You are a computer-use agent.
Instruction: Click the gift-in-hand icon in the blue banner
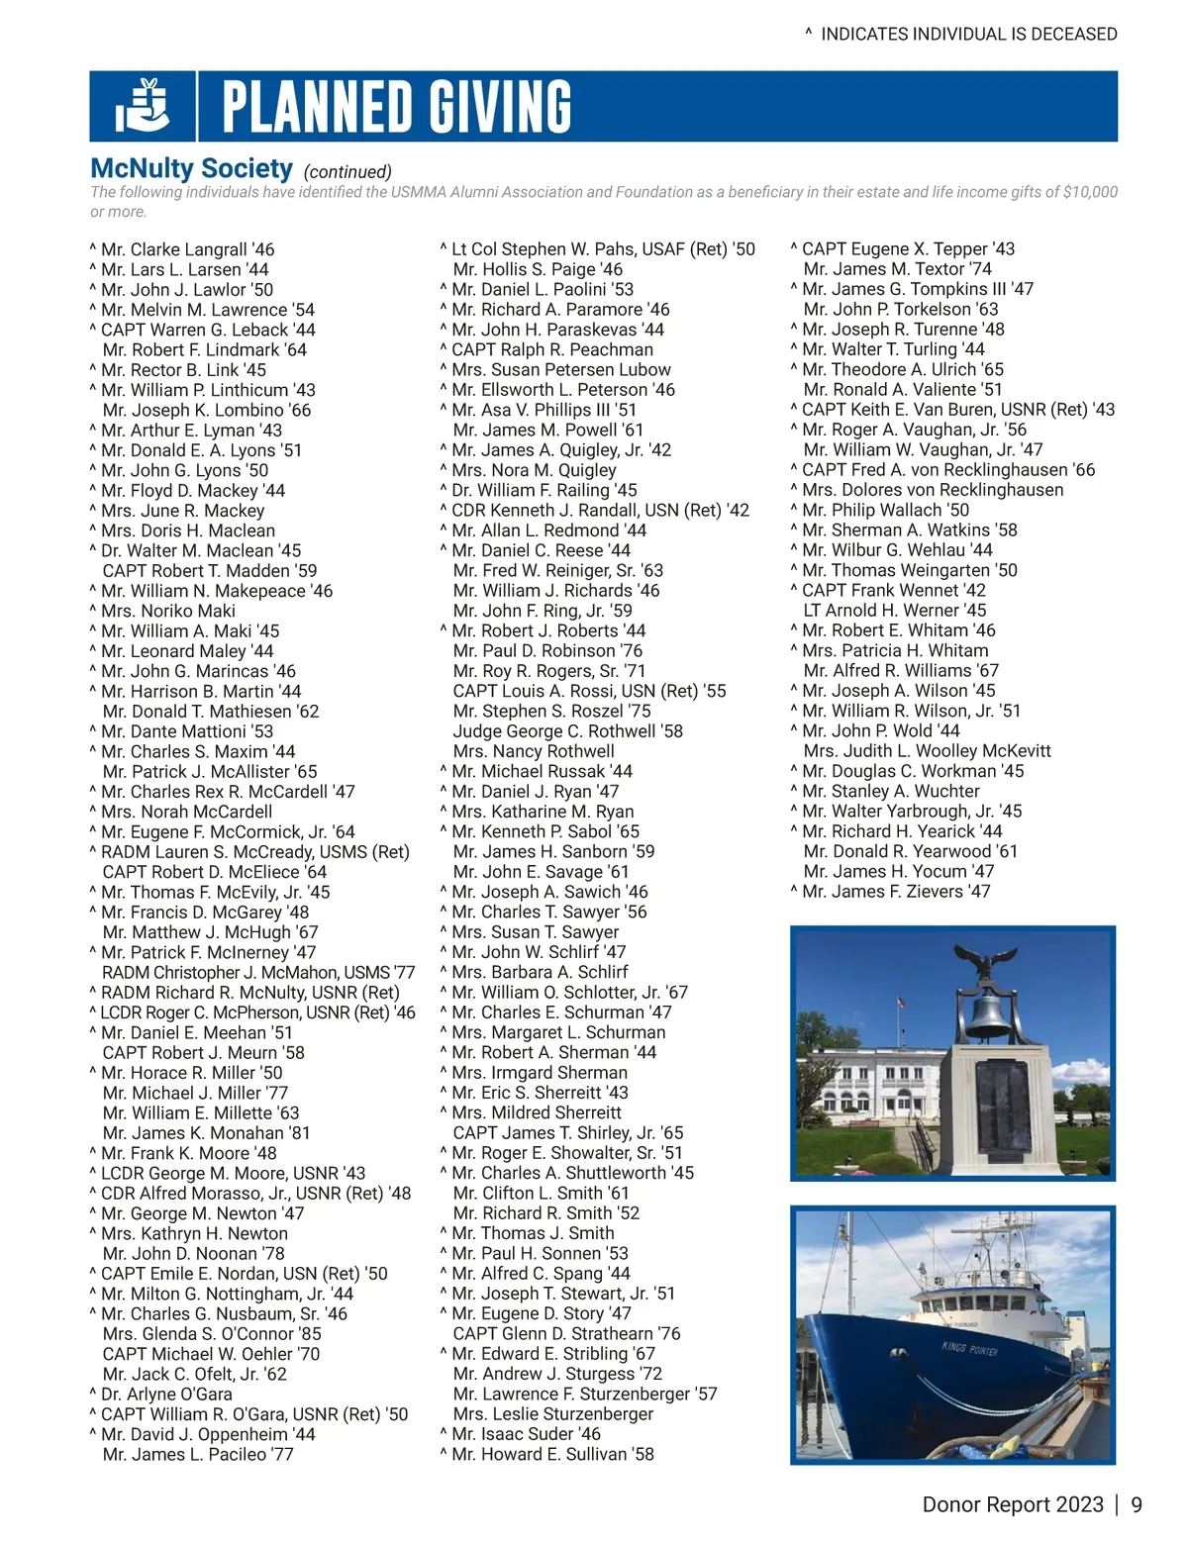(142, 106)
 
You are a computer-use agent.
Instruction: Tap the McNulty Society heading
(191, 169)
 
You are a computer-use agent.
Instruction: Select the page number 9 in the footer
(1136, 1504)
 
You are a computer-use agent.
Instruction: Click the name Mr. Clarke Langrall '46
(187, 249)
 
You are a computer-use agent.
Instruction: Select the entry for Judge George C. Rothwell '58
(567, 730)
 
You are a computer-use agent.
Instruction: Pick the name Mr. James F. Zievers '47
(895, 891)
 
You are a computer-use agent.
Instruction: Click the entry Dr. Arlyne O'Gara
(166, 1394)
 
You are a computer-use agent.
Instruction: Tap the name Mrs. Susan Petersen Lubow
(560, 369)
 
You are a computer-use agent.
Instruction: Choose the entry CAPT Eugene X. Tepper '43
(908, 248)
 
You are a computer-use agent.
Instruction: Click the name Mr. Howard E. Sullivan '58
(552, 1454)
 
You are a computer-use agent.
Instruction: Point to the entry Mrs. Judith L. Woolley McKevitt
(927, 750)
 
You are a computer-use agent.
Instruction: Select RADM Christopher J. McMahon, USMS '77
(258, 972)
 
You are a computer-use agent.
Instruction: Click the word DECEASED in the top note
(1073, 34)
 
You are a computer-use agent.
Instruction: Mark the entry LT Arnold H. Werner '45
(894, 610)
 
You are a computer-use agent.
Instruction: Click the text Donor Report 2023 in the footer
(1012, 1504)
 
